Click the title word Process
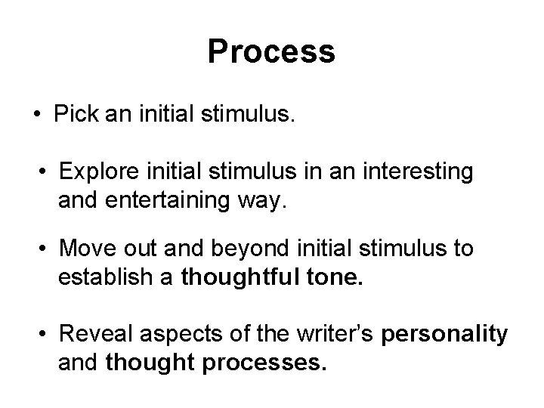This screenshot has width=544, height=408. coord(271,51)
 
